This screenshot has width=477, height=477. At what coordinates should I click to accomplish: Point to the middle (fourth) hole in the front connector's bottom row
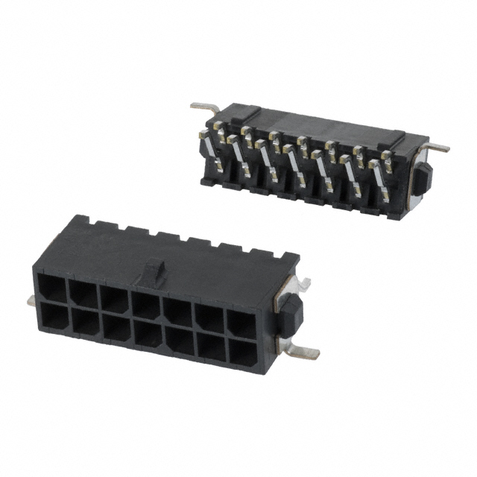click(x=148, y=336)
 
